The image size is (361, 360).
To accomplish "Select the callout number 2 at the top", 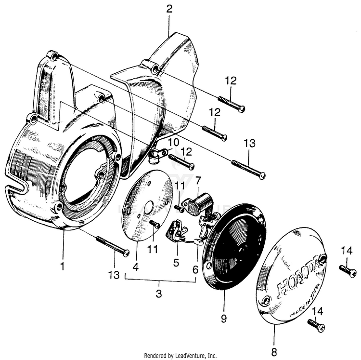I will (169, 8).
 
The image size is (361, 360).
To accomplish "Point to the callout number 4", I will (136, 265).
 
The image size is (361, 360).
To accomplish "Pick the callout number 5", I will (176, 263).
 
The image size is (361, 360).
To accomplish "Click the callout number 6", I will (195, 270).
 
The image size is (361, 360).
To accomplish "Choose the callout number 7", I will (197, 180).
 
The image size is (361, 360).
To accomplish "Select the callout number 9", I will (223, 319).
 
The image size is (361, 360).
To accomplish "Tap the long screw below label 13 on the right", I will (248, 170).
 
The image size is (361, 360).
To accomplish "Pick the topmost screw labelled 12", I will (232, 104).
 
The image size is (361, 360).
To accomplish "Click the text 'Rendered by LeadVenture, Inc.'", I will (180, 356).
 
